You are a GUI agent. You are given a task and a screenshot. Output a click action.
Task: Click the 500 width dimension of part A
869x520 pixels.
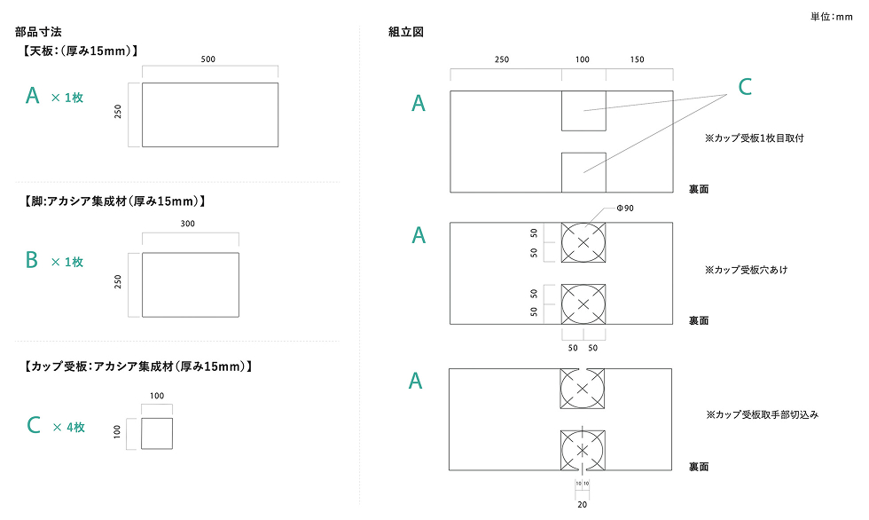pos(208,59)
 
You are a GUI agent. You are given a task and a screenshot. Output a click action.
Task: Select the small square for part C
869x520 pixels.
pos(157,433)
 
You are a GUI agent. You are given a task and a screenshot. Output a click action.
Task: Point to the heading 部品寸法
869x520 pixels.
pos(38,32)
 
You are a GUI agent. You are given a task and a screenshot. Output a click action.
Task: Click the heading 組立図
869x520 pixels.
pos(406,32)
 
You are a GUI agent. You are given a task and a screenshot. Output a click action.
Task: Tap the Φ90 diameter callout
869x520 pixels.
pos(625,208)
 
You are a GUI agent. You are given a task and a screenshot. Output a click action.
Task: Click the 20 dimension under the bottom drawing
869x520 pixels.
pos(582,503)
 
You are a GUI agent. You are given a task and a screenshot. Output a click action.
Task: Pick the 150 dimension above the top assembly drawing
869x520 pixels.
pos(638,59)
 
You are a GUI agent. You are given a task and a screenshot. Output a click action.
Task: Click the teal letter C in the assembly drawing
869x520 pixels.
pos(745,86)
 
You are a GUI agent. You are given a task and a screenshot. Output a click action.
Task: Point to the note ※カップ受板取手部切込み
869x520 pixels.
pos(762,414)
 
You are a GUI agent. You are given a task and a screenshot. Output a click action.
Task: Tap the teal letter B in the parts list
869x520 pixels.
pos(32,260)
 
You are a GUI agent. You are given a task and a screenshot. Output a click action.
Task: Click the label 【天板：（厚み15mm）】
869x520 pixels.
pos(81,51)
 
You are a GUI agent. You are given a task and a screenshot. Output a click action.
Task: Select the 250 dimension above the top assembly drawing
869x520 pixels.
pos(502,59)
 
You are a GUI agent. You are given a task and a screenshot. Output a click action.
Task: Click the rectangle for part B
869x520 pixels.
pos(191,285)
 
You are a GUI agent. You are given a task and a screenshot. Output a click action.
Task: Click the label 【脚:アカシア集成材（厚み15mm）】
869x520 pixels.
pos(116,201)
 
